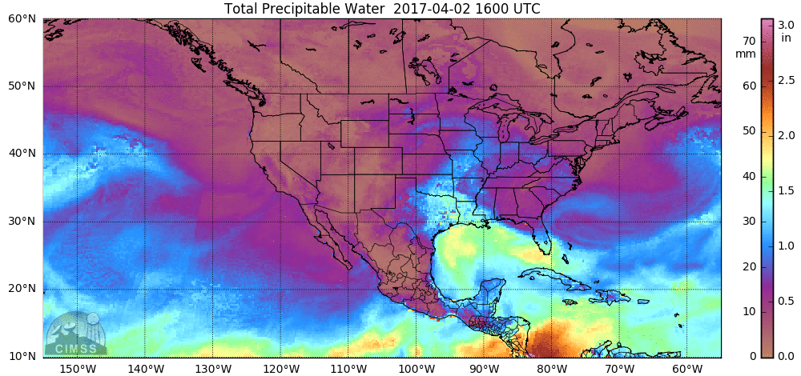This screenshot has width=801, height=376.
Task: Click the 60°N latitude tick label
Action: [x=21, y=18]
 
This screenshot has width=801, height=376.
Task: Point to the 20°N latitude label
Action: [x=21, y=289]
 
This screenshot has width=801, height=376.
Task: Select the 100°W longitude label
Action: [x=416, y=368]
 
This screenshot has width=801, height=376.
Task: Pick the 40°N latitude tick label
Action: [x=21, y=154]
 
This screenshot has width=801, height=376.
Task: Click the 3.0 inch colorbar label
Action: [x=785, y=26]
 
